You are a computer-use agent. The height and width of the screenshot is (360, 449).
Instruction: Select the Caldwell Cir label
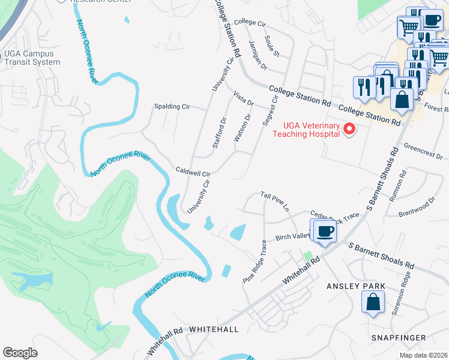[x=192, y=171]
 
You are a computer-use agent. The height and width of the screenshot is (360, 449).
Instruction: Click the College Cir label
[x=250, y=22]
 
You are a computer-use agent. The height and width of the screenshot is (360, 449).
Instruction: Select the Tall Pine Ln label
[x=275, y=202]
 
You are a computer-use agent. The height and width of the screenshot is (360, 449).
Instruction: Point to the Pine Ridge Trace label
[x=255, y=262]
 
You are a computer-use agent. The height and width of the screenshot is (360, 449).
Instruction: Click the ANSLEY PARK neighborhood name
[x=351, y=286]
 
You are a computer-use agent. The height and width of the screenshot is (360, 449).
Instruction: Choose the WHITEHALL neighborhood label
[x=214, y=329]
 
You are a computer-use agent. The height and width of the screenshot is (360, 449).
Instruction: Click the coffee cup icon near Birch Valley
[x=325, y=231]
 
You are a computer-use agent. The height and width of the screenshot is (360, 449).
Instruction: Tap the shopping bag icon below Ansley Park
[x=373, y=302]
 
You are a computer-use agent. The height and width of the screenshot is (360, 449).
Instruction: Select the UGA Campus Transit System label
[x=32, y=58]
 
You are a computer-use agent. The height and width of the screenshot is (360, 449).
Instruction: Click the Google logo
[x=20, y=352]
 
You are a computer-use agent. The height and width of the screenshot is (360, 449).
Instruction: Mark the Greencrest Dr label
[x=423, y=150]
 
